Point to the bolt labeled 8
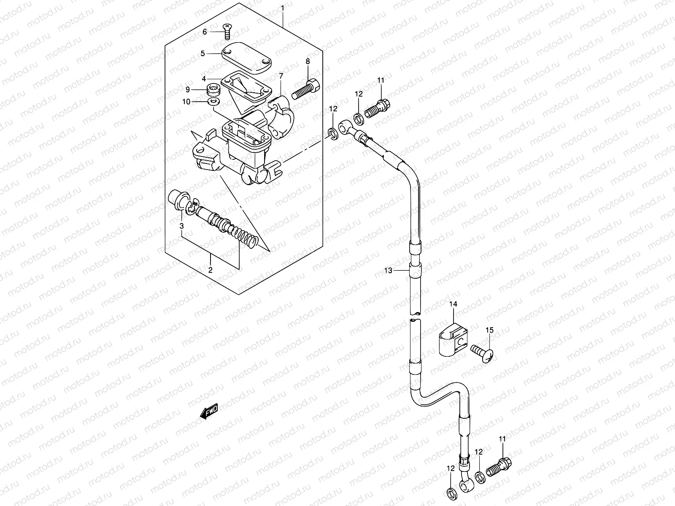(x=305, y=88)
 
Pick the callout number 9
(x=200, y=89)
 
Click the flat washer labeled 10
(x=214, y=102)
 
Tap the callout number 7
(x=292, y=76)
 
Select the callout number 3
(x=181, y=226)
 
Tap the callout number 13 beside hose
(x=388, y=270)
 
